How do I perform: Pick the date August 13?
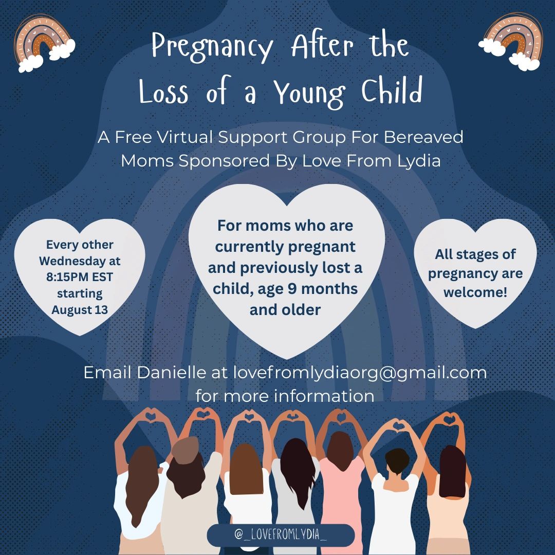(x=80, y=310)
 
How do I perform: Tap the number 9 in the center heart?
(x=292, y=289)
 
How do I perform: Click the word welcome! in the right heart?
(x=475, y=292)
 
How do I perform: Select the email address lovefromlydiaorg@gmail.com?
(x=360, y=373)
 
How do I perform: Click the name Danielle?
(x=171, y=373)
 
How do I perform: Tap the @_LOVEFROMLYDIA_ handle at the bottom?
(x=281, y=534)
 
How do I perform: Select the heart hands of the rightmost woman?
(x=449, y=419)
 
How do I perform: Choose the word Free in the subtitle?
(x=134, y=137)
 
